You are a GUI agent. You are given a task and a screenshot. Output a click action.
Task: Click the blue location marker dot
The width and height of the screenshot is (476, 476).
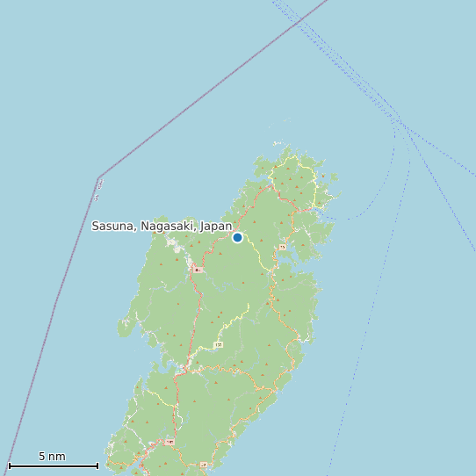coord(237,237)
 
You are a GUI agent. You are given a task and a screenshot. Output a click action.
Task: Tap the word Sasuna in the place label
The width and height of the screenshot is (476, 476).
coord(112,226)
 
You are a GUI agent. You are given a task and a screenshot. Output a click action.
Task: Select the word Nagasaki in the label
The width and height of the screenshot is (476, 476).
coord(166,226)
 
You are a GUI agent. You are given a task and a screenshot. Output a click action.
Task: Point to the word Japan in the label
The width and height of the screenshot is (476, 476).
coord(216,226)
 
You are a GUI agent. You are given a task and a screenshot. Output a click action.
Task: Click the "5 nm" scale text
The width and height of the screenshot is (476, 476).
coord(52,456)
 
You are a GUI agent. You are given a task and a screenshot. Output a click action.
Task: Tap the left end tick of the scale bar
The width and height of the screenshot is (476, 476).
coord(9,465)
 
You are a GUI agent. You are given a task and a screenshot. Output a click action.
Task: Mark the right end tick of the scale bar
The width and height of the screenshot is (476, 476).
coord(97,465)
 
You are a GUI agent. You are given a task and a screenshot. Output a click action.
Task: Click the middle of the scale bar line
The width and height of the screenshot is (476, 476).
coord(53,465)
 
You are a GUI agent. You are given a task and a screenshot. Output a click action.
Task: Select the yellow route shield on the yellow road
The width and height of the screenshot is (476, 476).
coord(218,345)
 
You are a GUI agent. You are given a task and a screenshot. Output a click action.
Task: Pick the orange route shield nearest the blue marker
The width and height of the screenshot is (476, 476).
coord(282,248)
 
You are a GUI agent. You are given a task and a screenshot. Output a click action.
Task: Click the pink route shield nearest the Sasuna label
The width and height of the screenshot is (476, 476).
coord(198,270)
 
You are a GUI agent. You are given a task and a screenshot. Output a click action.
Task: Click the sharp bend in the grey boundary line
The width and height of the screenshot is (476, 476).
coord(98,178)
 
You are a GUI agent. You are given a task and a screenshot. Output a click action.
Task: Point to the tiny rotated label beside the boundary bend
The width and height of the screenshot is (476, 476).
coord(100,185)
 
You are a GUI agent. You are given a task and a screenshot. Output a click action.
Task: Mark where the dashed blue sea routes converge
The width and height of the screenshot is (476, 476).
coord(400,122)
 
